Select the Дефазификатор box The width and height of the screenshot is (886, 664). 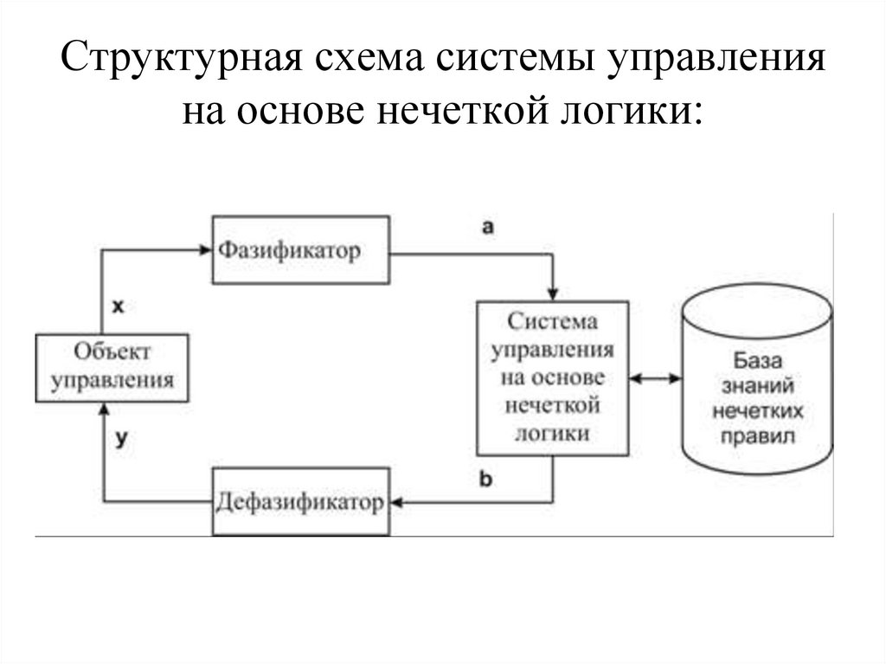tap(299, 502)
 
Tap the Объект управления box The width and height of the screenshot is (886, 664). tap(112, 367)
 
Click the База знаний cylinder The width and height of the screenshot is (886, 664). tap(757, 381)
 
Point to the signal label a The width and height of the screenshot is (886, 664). tap(487, 227)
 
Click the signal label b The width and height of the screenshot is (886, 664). tap(485, 479)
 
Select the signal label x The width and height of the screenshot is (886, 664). tap(119, 306)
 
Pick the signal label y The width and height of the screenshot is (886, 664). tap(121, 439)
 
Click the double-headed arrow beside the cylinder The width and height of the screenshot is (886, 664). tap(656, 378)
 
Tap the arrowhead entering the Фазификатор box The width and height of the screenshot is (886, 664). tap(206, 251)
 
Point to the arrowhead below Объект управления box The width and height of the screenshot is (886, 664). tap(104, 409)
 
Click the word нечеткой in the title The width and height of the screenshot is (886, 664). tap(450, 112)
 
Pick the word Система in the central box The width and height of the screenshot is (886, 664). tap(553, 322)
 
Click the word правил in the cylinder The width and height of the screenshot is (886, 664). tap(757, 436)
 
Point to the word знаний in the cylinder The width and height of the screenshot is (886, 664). tap(757, 385)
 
